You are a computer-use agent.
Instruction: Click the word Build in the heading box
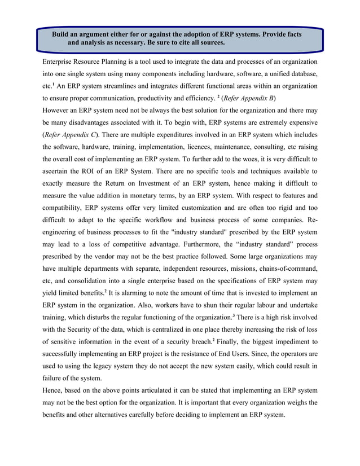pyautogui.click(x=62, y=34)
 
